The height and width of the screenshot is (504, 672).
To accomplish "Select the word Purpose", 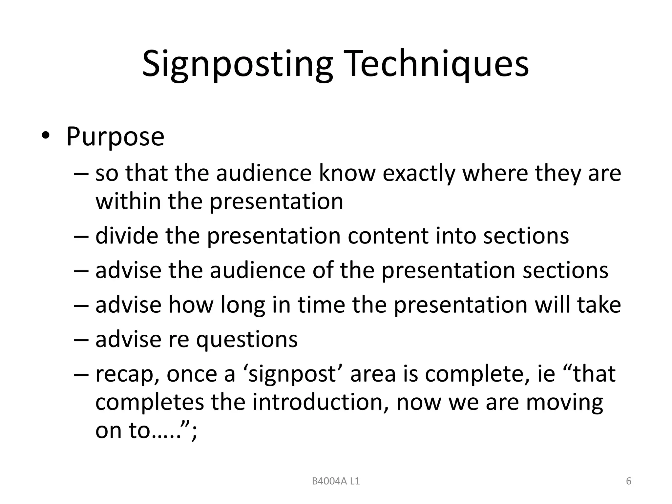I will click(x=115, y=136).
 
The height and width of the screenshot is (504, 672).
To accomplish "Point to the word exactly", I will click(x=419, y=174).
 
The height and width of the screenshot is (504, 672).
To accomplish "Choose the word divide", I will click(x=127, y=236).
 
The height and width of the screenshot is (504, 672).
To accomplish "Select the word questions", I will click(x=247, y=340).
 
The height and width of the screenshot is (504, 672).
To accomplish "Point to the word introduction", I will click(x=318, y=402).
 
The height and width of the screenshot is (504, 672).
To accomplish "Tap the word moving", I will click(x=564, y=402).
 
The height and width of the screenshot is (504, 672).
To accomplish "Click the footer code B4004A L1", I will click(x=336, y=481).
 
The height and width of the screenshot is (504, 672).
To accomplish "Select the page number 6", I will click(x=629, y=481).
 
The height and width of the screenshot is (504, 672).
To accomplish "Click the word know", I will click(x=347, y=174).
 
